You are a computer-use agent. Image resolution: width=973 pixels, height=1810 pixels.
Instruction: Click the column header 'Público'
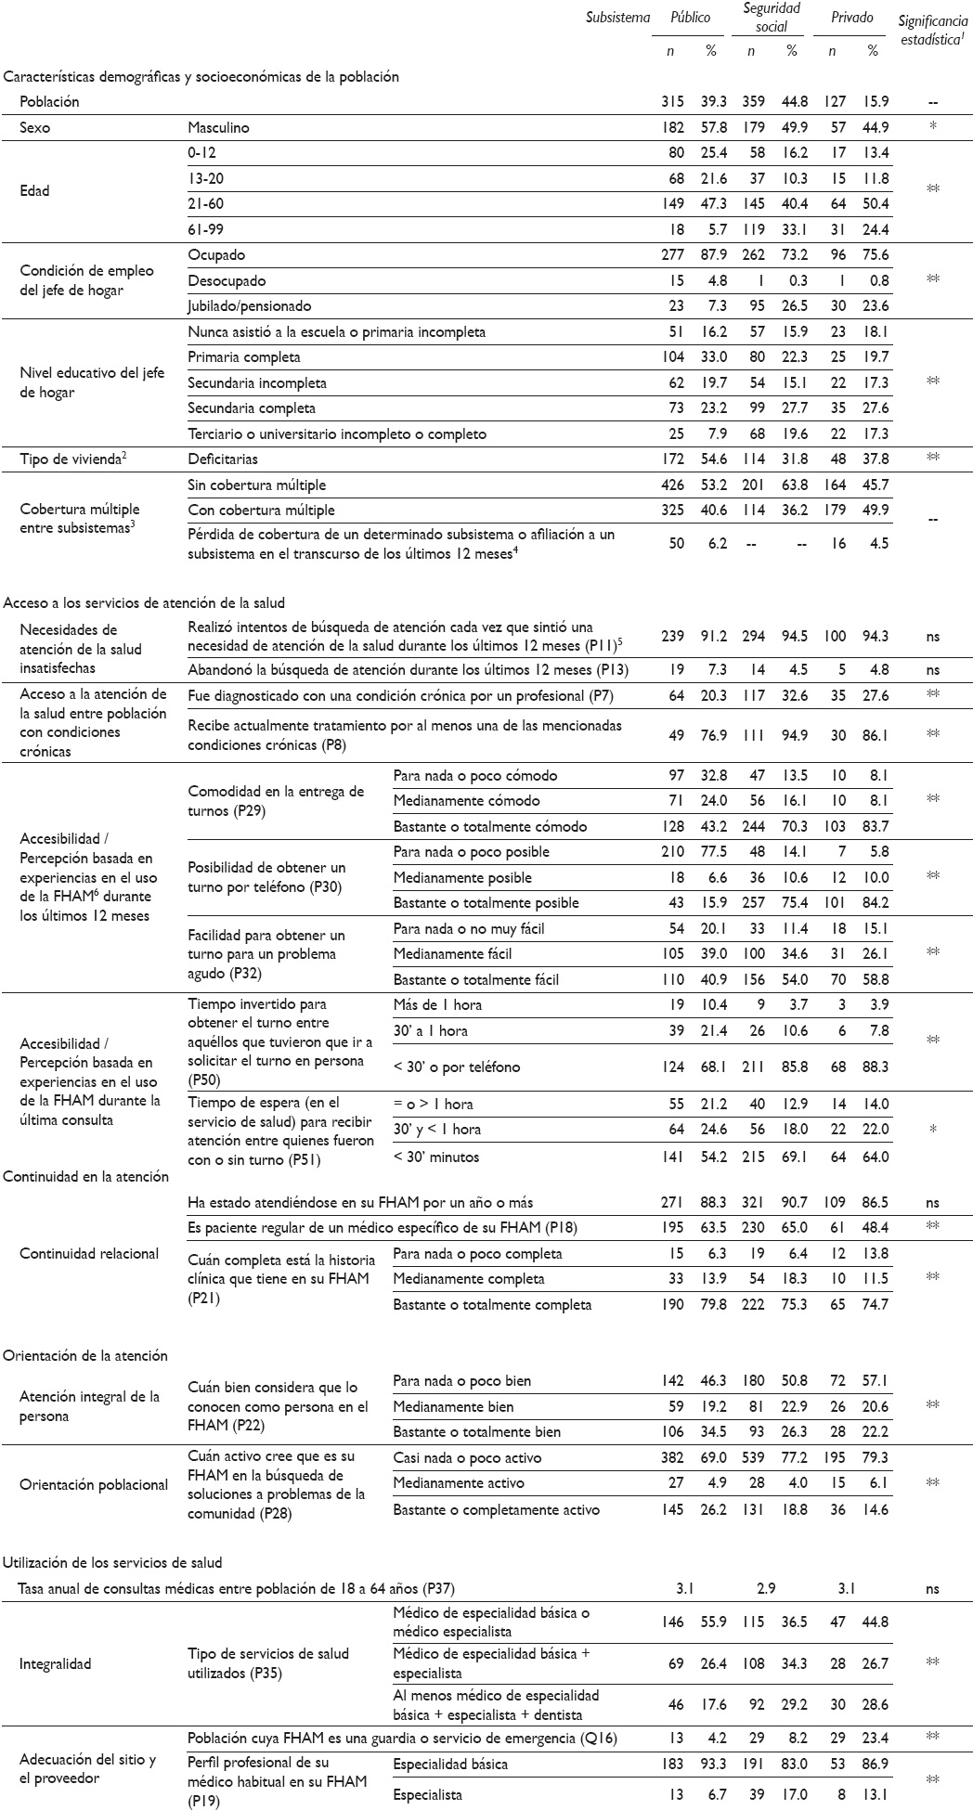691,18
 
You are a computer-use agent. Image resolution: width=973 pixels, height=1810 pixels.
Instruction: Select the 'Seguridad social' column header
771,18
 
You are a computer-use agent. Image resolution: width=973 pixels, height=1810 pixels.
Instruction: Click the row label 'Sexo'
35,127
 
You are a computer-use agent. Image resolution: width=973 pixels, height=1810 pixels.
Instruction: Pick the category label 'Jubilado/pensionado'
249,306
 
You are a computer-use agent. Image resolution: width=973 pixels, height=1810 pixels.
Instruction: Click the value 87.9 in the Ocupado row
711,255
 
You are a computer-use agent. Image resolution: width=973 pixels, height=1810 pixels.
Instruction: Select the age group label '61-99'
207,229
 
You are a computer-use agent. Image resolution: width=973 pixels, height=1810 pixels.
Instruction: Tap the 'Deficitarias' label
223,459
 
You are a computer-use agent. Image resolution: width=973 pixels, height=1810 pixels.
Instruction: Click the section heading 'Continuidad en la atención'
86,1176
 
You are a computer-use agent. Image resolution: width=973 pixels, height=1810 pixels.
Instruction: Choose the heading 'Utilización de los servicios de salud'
112,1562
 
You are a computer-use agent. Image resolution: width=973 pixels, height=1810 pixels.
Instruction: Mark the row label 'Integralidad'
55,1663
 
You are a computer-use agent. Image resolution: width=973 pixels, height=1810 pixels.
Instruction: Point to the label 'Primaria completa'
244,357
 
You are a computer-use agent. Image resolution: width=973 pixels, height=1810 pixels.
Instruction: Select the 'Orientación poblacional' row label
94,1484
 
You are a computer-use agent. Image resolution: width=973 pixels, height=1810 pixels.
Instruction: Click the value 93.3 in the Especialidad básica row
711,1764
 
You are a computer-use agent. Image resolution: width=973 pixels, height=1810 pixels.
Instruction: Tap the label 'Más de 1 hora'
437,1004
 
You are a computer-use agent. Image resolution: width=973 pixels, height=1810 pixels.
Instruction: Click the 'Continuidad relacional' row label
90,1253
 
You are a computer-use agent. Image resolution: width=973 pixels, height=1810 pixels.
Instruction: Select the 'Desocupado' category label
227,280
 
